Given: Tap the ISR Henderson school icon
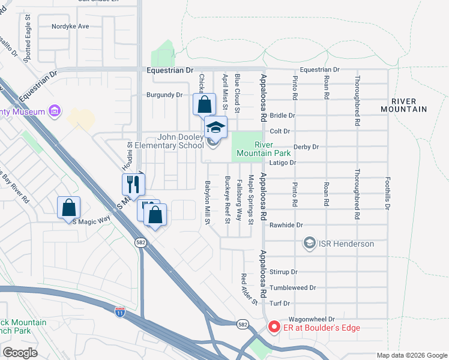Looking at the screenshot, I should pos(309,244).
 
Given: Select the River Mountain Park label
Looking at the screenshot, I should pos(273,149).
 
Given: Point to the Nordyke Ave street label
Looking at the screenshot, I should pos(70,26).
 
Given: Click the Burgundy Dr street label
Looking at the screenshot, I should pos(164,95).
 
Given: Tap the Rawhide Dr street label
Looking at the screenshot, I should pos(286,225).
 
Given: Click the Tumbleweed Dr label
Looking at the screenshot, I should pos(293,288).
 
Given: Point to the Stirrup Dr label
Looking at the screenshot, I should pos(284,272).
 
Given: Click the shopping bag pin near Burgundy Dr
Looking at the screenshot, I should pos(204,104).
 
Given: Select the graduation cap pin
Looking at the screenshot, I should pos(216,127).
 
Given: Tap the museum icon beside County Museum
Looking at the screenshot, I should pos(55,111).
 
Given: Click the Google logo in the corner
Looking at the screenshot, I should pos(20,353).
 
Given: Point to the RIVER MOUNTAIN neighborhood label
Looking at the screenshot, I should pos(404,105).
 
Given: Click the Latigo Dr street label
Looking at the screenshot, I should pos(285,163).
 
